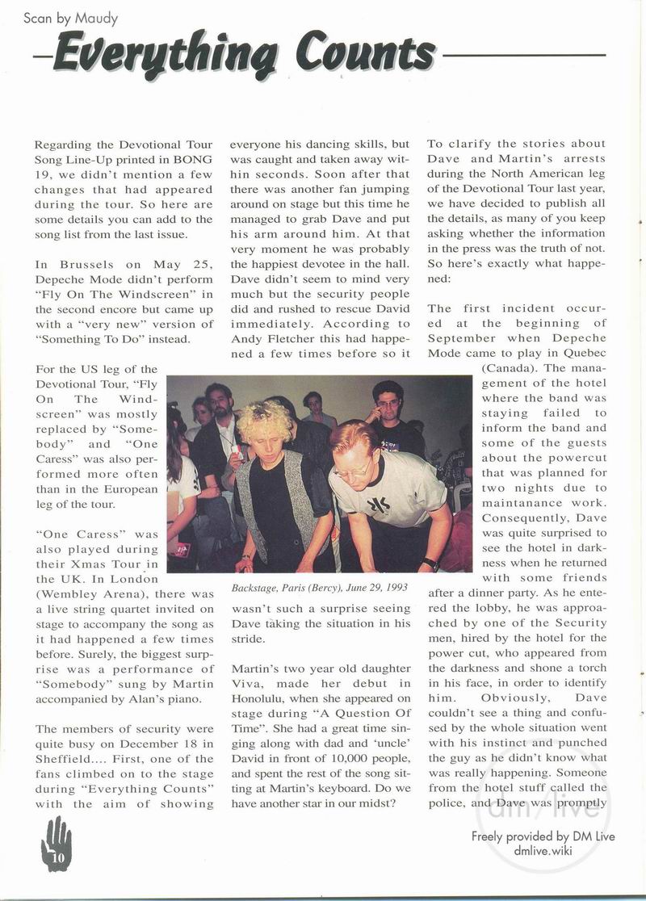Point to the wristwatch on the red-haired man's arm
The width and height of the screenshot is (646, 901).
click(x=430, y=563)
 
